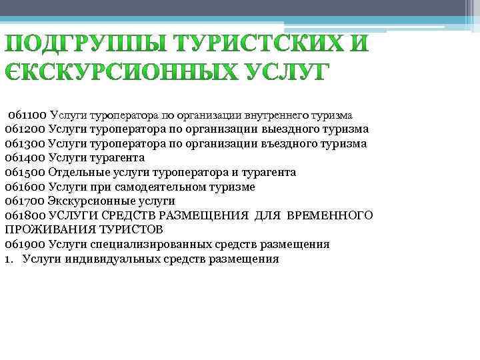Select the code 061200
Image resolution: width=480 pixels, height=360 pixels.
click(x=25, y=129)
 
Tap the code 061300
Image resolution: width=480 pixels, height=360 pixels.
click(x=25, y=143)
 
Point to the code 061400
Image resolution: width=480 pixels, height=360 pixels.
click(x=25, y=157)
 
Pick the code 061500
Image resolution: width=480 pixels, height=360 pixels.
click(x=25, y=172)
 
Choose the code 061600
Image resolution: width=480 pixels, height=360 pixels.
click(x=25, y=187)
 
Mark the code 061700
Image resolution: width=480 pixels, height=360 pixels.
click(x=25, y=201)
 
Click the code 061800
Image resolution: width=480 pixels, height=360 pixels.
click(x=25, y=215)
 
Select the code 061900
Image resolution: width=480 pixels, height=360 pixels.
click(x=25, y=244)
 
